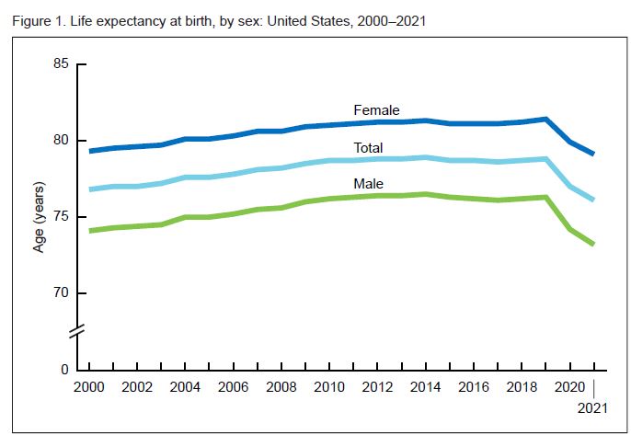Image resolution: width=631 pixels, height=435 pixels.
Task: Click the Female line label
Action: [x=376, y=110]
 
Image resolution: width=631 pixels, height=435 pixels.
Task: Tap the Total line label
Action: [x=368, y=148]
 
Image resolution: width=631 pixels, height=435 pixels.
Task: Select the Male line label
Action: [x=368, y=184]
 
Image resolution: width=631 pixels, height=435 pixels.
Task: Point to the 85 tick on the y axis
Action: [x=62, y=64]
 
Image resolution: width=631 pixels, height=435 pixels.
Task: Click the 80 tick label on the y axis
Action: [x=62, y=141]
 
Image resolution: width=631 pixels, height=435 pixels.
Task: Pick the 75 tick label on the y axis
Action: [x=62, y=217]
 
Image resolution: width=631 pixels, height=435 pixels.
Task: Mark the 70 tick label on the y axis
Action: [x=62, y=293]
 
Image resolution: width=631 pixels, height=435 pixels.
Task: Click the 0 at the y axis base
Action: [x=65, y=370]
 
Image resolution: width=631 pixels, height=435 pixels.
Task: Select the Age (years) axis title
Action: [x=38, y=217]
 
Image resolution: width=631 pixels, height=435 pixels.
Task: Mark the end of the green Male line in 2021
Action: [x=594, y=244]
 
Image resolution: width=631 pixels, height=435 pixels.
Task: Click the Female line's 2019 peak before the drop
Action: [x=546, y=120]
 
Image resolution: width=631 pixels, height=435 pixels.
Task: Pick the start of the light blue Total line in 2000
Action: [x=89, y=189]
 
